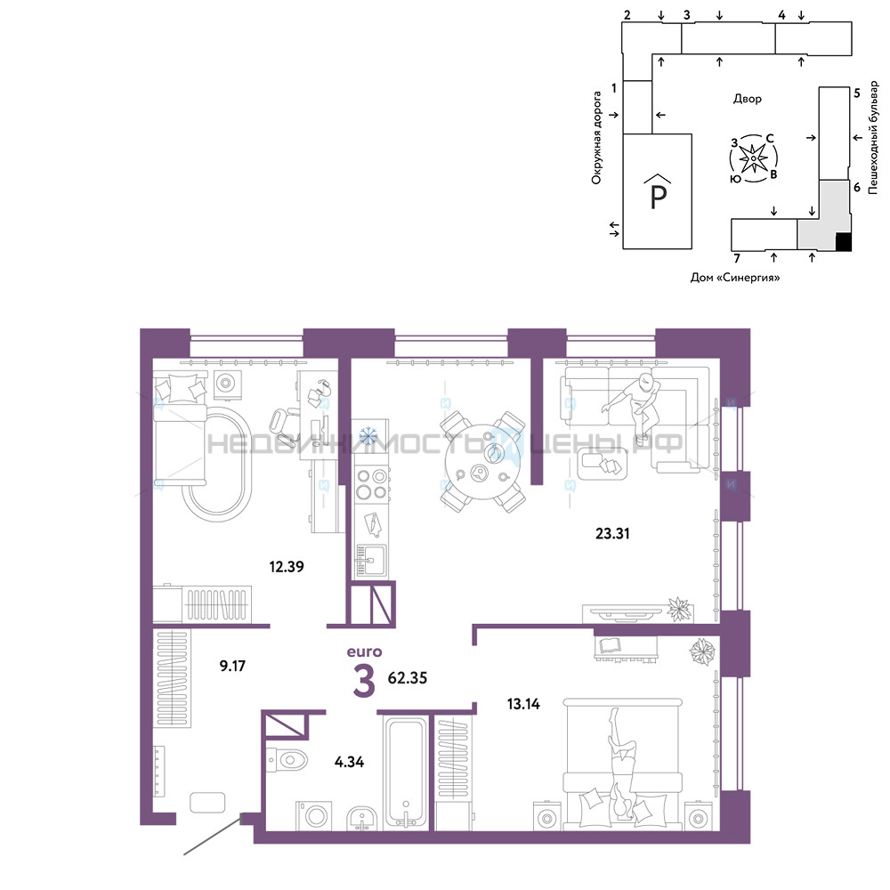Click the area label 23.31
tap(612, 533)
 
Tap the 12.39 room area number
tap(287, 566)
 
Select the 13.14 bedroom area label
tap(523, 704)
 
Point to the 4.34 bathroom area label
tap(349, 762)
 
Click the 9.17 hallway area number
tap(232, 665)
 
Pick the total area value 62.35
tap(408, 677)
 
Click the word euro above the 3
tap(364, 651)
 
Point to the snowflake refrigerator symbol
tap(369, 436)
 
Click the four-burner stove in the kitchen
tap(371, 484)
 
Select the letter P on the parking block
tap(658, 197)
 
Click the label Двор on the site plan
tap(747, 99)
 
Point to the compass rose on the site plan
tap(753, 158)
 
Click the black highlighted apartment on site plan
tap(844, 242)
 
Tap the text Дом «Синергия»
tap(734, 278)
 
